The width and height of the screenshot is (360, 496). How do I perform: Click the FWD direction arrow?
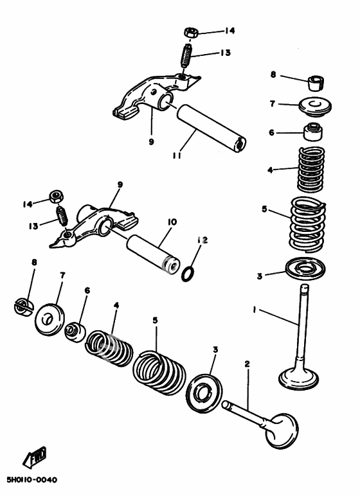(35, 457)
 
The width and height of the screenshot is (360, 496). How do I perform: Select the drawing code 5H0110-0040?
(32, 480)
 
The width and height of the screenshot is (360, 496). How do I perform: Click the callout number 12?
(203, 240)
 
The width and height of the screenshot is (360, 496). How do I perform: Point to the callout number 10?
(172, 222)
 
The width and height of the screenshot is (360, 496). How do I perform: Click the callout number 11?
(177, 155)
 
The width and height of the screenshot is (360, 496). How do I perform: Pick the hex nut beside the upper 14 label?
(191, 32)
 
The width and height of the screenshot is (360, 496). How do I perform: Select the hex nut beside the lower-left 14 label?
(57, 197)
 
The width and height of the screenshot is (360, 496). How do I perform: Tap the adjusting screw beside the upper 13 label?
(187, 55)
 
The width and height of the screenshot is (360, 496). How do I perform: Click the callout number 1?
(254, 310)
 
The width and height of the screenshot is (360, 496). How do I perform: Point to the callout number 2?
(247, 364)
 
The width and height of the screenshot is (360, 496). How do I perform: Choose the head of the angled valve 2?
(282, 430)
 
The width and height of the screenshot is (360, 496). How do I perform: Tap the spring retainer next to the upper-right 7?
(315, 107)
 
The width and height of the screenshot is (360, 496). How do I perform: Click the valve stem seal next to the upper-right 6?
(314, 131)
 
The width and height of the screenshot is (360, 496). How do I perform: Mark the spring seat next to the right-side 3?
(305, 269)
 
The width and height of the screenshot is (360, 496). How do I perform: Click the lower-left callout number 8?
(34, 262)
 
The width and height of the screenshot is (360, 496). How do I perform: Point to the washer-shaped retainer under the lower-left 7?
(50, 319)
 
